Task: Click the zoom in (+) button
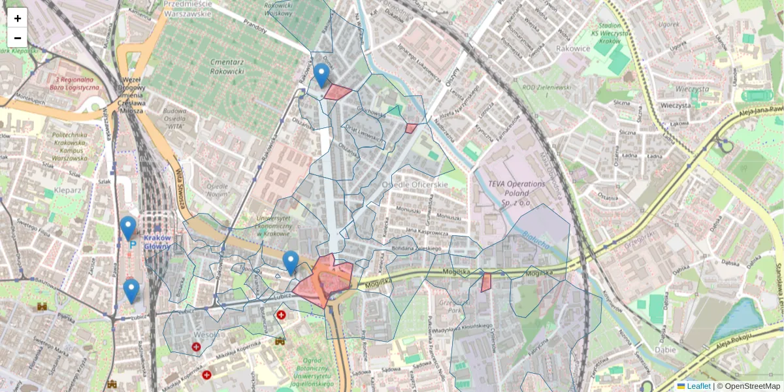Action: [x=18, y=18]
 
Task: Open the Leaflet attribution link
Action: [x=698, y=386]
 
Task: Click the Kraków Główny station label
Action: [x=157, y=242]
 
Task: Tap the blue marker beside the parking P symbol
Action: [x=128, y=229]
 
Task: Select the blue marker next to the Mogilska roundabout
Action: [x=291, y=263]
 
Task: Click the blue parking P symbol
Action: [x=133, y=244]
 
